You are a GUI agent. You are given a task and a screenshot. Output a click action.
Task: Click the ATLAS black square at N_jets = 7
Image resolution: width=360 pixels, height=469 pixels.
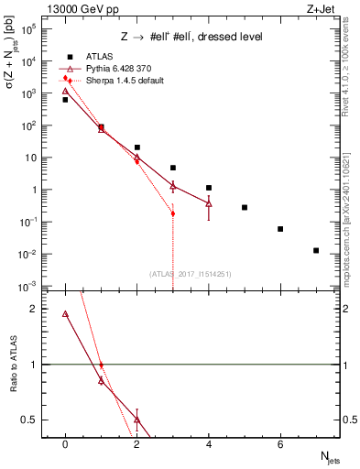coord(316,250)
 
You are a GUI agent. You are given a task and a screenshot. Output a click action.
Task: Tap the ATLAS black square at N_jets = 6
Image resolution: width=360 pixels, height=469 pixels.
coord(280,229)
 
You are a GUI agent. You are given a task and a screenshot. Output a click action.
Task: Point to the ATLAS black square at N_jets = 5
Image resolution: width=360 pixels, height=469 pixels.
coord(245,208)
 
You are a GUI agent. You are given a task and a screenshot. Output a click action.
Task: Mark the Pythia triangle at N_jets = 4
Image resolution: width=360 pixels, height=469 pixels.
coord(209,203)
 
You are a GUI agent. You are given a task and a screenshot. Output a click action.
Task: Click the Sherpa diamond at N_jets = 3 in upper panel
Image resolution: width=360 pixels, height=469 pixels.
coord(173,213)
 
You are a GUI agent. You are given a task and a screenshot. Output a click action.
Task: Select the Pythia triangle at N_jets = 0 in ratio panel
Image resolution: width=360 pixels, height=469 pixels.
coord(65,314)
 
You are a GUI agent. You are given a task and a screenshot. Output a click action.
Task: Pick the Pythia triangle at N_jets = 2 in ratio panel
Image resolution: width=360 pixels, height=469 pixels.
coord(136,420)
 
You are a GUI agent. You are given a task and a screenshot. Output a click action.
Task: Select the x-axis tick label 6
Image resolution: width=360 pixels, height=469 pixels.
coord(280,446)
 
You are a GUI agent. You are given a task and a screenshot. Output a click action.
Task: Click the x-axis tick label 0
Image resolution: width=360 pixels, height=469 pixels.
coord(65,446)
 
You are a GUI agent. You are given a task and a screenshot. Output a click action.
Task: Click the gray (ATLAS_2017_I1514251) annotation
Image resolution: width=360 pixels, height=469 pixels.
coord(191,273)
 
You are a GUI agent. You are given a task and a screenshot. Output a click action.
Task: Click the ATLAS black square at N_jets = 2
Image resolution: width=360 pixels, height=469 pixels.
coord(136,147)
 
